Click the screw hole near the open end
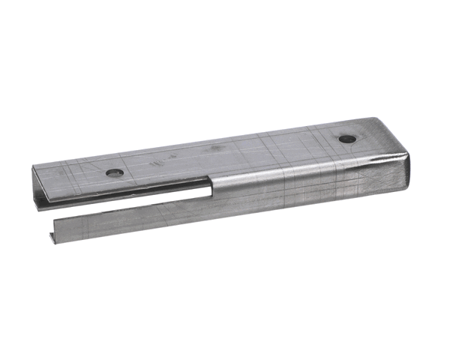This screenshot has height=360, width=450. [x=115, y=172]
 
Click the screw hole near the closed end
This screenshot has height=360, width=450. [x=346, y=139]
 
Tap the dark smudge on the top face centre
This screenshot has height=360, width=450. [x=218, y=148]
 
